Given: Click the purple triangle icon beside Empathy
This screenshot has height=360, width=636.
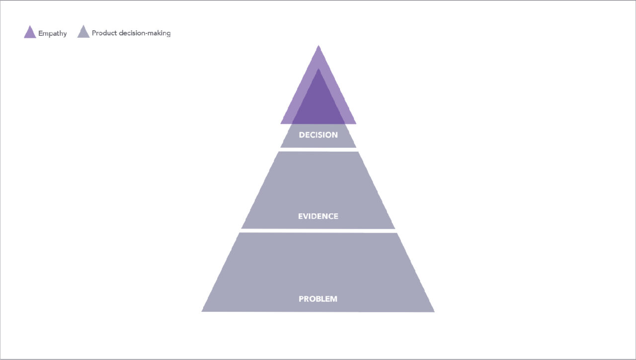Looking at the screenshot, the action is pyautogui.click(x=30, y=32).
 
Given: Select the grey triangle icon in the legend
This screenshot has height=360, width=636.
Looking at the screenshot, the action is pyautogui.click(x=83, y=32).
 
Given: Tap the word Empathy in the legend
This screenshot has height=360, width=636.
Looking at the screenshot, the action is pyautogui.click(x=53, y=33).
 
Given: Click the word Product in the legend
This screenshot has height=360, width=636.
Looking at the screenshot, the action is pyautogui.click(x=104, y=33).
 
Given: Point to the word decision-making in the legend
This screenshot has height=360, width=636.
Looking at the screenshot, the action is pyautogui.click(x=145, y=33).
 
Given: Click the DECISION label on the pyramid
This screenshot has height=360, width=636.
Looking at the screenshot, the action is pyautogui.click(x=318, y=135).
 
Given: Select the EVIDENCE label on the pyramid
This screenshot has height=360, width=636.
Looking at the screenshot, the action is pyautogui.click(x=318, y=216).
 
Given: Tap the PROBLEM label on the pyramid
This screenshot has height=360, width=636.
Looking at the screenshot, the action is pyautogui.click(x=318, y=299).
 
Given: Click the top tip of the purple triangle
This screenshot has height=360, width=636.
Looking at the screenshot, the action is pyautogui.click(x=318, y=45).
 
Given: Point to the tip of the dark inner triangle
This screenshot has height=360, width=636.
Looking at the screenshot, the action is pyautogui.click(x=318, y=69).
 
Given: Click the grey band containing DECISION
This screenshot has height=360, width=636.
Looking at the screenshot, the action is pyautogui.click(x=318, y=136).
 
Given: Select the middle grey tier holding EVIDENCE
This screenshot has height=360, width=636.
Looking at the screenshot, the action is pyautogui.click(x=318, y=190).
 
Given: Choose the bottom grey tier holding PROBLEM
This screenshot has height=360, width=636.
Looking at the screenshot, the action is pyautogui.click(x=318, y=272).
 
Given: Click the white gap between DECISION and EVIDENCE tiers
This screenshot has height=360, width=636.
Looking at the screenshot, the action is pyautogui.click(x=318, y=150).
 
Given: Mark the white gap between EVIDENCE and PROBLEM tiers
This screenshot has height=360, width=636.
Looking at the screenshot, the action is pyautogui.click(x=318, y=231).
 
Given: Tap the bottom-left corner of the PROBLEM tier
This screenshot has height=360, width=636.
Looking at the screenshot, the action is pyautogui.click(x=202, y=311).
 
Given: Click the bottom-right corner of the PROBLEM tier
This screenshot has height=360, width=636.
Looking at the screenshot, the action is pyautogui.click(x=434, y=312).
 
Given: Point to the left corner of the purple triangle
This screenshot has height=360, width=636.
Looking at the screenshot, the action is pyautogui.click(x=281, y=124).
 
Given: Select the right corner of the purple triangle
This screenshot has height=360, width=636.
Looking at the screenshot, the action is pyautogui.click(x=356, y=124).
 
